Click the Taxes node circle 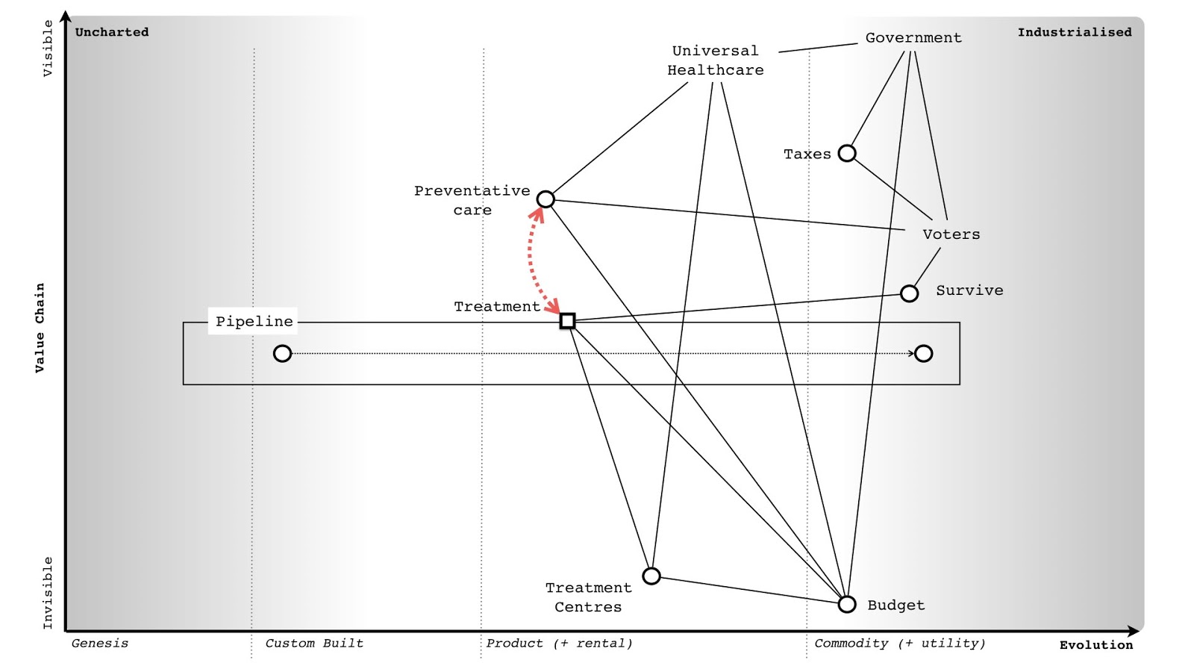pyautogui.click(x=846, y=153)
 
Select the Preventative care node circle pyautogui.click(x=546, y=199)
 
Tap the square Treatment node pyautogui.click(x=567, y=321)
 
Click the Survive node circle pyautogui.click(x=909, y=293)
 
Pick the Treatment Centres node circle pyautogui.click(x=651, y=576)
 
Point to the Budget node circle pyautogui.click(x=846, y=604)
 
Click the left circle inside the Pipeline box pyautogui.click(x=282, y=353)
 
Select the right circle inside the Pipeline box pyautogui.click(x=923, y=353)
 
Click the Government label pyautogui.click(x=913, y=37)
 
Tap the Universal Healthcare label pyautogui.click(x=715, y=60)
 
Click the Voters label pyautogui.click(x=951, y=234)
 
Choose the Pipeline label pyautogui.click(x=254, y=321)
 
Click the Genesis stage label pyautogui.click(x=100, y=643)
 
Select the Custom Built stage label pyautogui.click(x=314, y=643)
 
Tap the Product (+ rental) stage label pyautogui.click(x=559, y=643)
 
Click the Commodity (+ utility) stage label pyautogui.click(x=899, y=643)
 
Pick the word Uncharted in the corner pyautogui.click(x=112, y=32)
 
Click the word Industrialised pyautogui.click(x=1074, y=32)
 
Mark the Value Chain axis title pyautogui.click(x=40, y=327)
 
